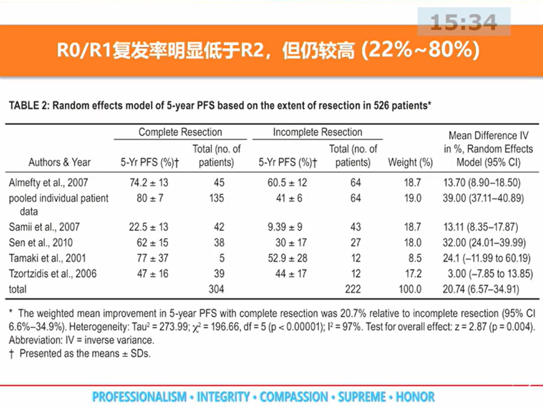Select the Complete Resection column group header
(x=180, y=132)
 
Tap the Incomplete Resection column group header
(x=317, y=132)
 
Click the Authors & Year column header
(x=60, y=162)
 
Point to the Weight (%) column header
(x=410, y=162)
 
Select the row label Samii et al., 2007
(x=44, y=227)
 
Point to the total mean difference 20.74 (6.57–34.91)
(x=487, y=289)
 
